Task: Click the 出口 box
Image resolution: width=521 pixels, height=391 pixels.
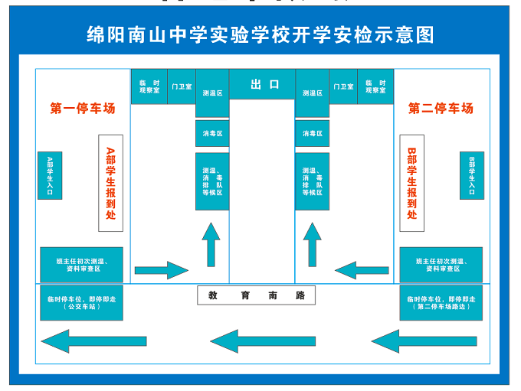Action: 262,84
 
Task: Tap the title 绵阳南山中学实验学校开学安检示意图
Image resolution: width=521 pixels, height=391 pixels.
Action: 260,34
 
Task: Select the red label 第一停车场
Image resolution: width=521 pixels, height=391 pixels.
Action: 83,109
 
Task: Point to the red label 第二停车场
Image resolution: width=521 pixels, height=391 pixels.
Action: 441,109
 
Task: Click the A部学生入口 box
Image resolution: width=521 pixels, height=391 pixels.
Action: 50,176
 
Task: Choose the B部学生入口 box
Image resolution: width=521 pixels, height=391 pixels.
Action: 472,176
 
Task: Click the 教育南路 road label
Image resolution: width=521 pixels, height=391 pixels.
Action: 256,295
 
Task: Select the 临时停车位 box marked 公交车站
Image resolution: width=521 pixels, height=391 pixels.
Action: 81,302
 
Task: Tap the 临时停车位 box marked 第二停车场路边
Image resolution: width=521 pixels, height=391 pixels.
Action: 441,302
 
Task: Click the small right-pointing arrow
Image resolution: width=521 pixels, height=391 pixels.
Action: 161,270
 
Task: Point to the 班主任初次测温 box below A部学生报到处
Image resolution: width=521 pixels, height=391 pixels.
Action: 81,265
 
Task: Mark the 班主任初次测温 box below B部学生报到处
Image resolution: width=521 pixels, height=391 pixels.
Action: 441,265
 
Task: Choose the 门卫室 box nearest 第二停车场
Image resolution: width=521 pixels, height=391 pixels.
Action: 343,86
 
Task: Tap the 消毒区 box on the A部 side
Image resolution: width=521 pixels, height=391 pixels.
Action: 212,133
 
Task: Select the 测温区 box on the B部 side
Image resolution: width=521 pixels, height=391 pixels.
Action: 312,93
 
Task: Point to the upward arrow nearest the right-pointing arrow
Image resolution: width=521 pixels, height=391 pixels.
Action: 211,244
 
